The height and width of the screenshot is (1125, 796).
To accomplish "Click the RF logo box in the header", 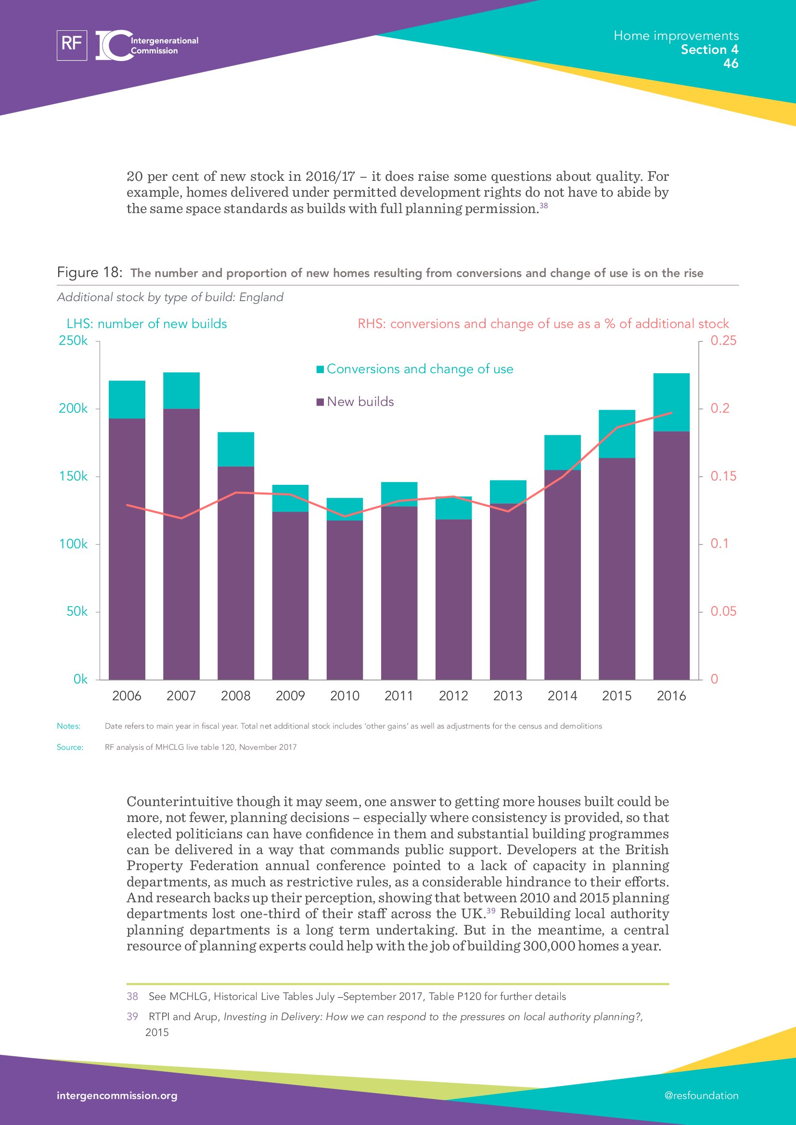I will tap(72, 45).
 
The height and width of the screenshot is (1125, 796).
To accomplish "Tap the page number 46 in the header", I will tap(731, 63).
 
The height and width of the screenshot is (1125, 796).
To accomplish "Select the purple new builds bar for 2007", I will tap(181, 544).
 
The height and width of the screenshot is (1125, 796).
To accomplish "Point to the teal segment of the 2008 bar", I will tap(236, 449).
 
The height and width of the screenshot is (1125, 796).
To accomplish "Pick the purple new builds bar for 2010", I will tap(345, 600).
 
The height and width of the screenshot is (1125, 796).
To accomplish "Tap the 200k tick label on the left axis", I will tap(73, 408).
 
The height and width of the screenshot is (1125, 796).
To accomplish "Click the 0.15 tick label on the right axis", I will tap(723, 476).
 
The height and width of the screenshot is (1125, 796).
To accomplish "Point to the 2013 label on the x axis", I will tap(508, 696).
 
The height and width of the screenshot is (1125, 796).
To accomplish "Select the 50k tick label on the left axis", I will tap(77, 611).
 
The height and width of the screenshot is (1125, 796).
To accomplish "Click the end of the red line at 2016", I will tap(671, 413).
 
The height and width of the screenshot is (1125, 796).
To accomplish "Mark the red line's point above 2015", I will tap(616, 427).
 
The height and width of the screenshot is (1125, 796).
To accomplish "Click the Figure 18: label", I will tap(89, 272).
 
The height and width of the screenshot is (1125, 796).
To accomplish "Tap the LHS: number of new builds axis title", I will tap(147, 324).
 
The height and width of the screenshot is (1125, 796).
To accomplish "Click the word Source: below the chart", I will tap(70, 747).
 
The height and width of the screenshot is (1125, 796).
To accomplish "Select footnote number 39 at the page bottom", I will tap(132, 1017).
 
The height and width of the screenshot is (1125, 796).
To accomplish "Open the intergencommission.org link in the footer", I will tap(117, 1096).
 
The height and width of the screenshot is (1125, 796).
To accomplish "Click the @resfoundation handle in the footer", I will tap(701, 1096).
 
